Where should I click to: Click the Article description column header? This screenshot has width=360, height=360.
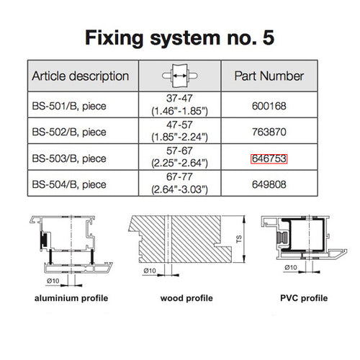point(81,76)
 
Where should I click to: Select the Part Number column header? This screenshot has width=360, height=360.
point(269,76)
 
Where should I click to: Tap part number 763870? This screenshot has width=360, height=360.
point(269,132)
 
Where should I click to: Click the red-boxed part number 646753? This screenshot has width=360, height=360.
point(269,158)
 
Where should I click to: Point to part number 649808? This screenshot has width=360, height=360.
point(269,184)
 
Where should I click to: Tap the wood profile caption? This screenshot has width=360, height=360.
point(176,297)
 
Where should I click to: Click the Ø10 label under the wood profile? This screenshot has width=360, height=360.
point(150,270)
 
